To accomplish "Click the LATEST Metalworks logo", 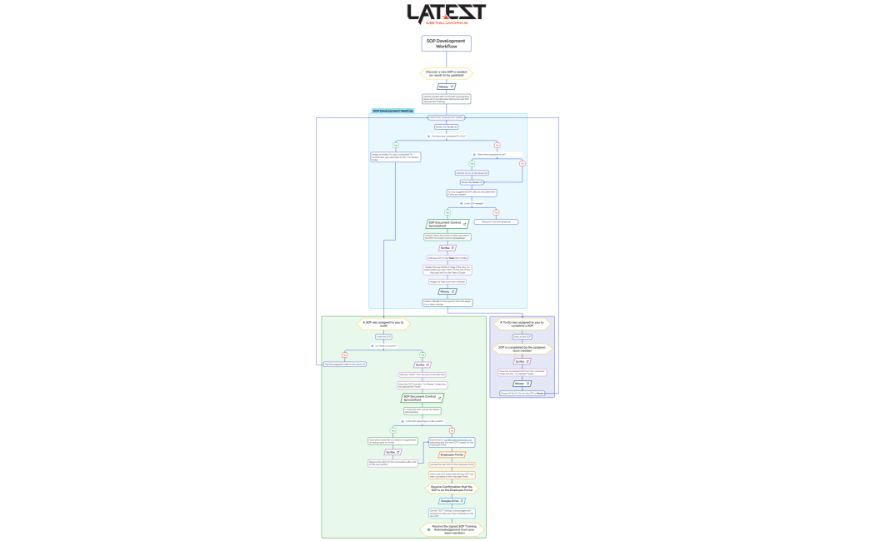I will pyautogui.click(x=447, y=14).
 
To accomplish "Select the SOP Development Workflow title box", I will pyautogui.click(x=447, y=43).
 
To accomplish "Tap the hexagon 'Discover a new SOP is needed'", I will pyautogui.click(x=447, y=73).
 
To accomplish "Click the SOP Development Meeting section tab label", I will pyautogui.click(x=392, y=111).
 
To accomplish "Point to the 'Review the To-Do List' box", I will pyautogui.click(x=447, y=127).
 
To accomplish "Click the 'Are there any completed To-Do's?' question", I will pyautogui.click(x=447, y=136).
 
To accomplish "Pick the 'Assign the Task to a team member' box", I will pyautogui.click(x=447, y=281).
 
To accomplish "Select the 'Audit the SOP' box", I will pyautogui.click(x=382, y=336).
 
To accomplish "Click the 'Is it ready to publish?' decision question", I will pyautogui.click(x=384, y=345).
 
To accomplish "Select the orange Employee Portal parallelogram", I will pyautogui.click(x=452, y=455).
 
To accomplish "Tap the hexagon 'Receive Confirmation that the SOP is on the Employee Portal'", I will pyautogui.click(x=452, y=488).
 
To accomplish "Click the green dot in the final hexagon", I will pyautogui.click(x=429, y=529).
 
